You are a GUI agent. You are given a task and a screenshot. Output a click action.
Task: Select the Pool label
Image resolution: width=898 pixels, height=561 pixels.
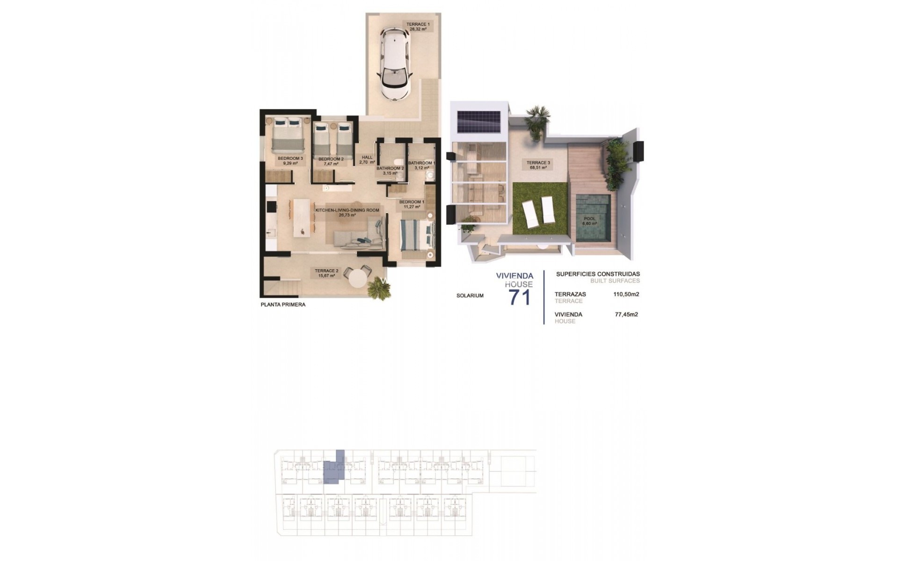(x=589, y=221)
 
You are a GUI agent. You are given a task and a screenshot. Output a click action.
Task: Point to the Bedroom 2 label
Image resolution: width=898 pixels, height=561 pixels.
(x=331, y=161)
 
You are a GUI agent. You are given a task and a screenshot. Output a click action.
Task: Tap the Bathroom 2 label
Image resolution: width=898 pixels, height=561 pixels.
(x=390, y=171)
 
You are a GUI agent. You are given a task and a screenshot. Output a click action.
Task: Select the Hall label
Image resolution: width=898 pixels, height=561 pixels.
(x=367, y=160)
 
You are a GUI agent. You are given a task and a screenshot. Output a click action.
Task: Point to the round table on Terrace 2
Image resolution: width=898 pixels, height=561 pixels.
(x=358, y=280)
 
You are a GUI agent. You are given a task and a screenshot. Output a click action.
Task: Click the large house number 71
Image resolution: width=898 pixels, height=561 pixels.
(x=519, y=297)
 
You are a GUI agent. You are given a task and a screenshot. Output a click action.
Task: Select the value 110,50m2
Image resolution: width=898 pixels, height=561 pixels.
(x=626, y=295)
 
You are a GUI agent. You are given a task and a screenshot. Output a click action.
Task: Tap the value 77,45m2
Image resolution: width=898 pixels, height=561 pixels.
(x=626, y=315)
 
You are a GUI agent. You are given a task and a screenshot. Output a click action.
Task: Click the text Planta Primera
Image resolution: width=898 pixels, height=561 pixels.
(x=283, y=305)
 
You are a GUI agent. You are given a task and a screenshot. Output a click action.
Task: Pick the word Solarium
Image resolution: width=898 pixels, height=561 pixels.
(x=470, y=295)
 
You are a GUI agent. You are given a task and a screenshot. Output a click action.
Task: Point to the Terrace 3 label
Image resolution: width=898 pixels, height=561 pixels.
(x=538, y=165)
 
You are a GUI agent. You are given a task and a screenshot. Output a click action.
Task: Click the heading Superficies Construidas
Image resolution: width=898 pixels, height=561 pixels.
(x=598, y=274)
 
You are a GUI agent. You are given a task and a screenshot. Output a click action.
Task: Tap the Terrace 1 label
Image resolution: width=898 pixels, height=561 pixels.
(x=418, y=26)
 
